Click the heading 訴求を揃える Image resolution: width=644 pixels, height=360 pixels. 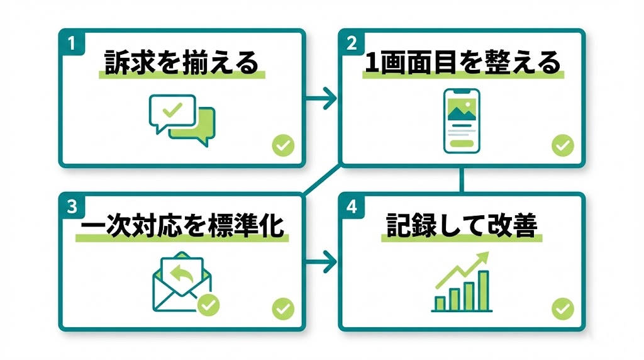point(181,64)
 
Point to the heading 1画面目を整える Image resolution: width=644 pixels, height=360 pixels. point(462,64)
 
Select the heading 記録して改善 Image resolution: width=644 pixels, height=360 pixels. point(462,227)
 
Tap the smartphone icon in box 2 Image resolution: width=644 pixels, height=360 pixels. point(462,120)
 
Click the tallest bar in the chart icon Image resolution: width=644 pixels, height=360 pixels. point(484,290)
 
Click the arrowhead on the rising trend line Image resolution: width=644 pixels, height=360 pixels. point(484,258)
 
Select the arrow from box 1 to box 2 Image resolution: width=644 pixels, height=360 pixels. point(321,98)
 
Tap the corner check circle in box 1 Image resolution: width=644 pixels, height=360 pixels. point(283,146)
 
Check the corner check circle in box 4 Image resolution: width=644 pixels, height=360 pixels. point(563,309)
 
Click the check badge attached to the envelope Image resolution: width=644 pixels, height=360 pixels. point(208,306)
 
